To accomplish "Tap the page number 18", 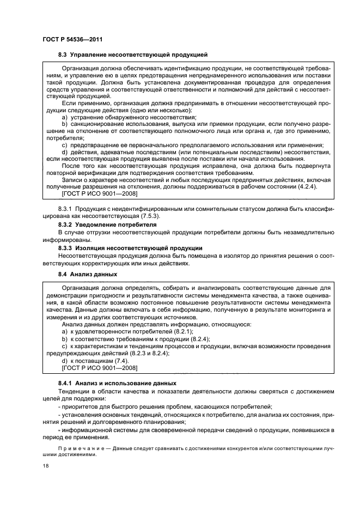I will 45,466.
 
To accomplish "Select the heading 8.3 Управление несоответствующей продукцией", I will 133,55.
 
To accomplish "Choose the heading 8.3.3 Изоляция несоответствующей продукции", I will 130,247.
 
